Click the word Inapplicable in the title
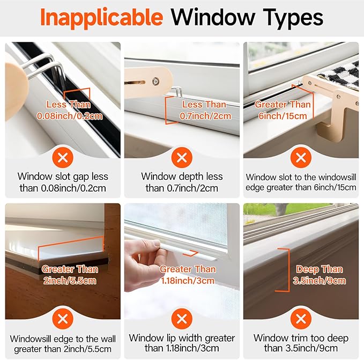(x=102, y=18)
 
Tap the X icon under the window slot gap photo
(x=63, y=157)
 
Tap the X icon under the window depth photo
(x=182, y=157)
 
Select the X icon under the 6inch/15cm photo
(x=301, y=157)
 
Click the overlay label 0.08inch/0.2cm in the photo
(x=68, y=115)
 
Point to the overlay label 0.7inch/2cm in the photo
(x=204, y=115)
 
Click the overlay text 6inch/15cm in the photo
(x=282, y=115)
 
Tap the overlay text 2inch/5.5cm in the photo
(x=69, y=280)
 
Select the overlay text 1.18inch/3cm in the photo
(x=187, y=280)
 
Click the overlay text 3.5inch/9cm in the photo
(x=320, y=280)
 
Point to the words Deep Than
(x=320, y=269)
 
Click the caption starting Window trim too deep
(x=301, y=338)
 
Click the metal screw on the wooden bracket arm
(x=154, y=81)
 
